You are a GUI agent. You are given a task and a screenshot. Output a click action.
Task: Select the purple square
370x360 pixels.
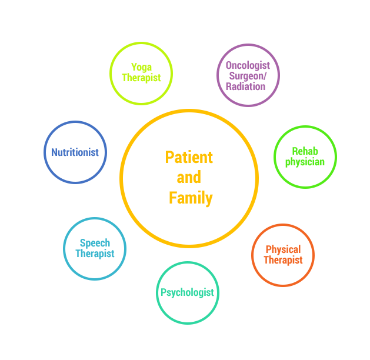[248, 75]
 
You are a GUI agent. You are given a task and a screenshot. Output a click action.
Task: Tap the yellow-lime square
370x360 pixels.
[141, 74]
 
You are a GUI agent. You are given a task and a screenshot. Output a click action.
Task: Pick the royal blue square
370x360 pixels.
[75, 152]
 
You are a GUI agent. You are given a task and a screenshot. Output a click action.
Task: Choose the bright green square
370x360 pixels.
[305, 157]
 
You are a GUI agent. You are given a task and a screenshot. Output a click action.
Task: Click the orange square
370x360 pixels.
[283, 255]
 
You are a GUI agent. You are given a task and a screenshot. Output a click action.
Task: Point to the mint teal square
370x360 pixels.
[188, 293]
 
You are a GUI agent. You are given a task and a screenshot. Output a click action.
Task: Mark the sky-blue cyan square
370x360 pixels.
[95, 249]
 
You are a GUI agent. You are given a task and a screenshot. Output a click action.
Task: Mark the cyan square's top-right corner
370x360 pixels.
[126, 217]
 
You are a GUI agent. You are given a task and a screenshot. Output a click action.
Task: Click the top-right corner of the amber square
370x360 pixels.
[259, 109]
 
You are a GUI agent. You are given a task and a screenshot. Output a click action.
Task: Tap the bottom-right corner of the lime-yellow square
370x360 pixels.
[173, 105]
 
